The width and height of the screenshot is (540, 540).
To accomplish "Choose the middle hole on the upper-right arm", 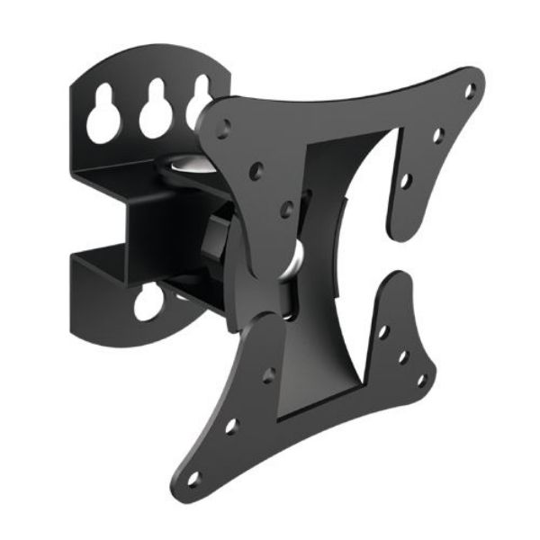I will click(x=438, y=135).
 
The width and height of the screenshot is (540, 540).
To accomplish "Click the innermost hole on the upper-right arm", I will click(x=406, y=180).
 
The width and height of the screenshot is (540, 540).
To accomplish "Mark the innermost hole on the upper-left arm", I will click(x=286, y=209).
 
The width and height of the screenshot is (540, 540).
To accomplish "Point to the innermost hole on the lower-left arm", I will click(x=267, y=375).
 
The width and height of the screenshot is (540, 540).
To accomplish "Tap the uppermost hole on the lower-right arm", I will click(x=382, y=332).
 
